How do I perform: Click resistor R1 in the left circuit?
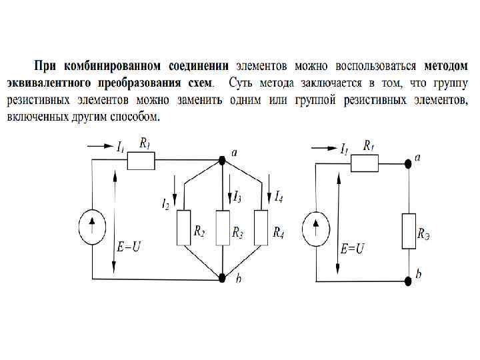pyautogui.click(x=141, y=161)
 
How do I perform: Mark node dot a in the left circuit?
pyautogui.click(x=222, y=161)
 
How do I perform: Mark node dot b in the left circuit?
pyautogui.click(x=222, y=277)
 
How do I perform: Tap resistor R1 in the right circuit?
pyautogui.click(x=365, y=162)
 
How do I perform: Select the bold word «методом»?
pyautogui.click(x=446, y=67)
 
